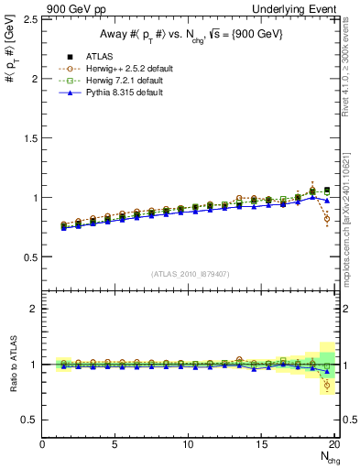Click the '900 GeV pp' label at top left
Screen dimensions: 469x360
coord(72,8)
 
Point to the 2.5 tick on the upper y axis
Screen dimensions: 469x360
coord(29,19)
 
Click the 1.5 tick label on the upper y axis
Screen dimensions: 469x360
coord(29,138)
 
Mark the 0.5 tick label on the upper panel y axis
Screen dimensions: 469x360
coord(29,256)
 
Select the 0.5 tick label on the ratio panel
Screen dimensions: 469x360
coord(29,420)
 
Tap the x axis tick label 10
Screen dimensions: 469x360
coord(189,445)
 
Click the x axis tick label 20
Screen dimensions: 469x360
coord(334,445)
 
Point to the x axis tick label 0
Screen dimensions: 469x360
coord(43,445)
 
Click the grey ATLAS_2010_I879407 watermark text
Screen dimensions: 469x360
coord(189,274)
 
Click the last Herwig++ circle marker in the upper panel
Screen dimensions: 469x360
coord(327,219)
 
